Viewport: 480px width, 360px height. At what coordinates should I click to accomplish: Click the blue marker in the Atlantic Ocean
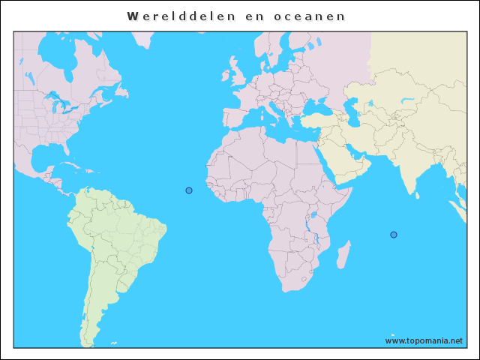point(189,190)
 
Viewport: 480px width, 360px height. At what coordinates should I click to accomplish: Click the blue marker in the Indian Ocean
point(394,235)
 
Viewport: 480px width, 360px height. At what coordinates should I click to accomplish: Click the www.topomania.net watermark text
point(424,340)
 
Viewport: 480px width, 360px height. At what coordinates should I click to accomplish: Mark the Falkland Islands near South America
point(113,343)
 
